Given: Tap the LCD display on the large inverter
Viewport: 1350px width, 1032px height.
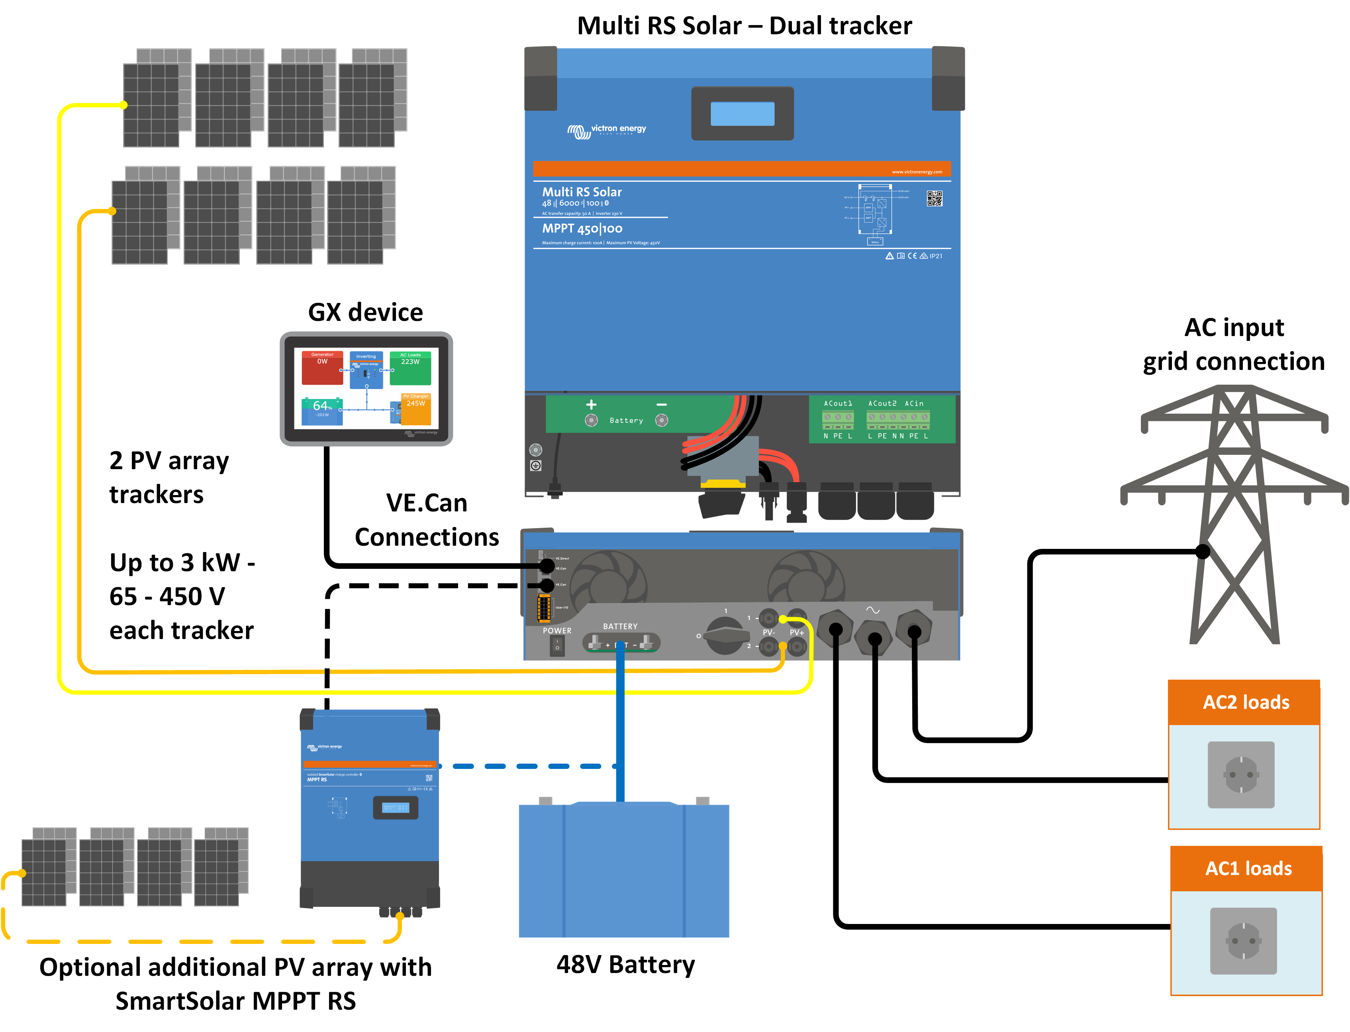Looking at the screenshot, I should (x=742, y=114).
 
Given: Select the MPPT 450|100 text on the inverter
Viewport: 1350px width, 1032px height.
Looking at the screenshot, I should (x=582, y=228).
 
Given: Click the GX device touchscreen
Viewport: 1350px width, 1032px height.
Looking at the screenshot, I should (x=366, y=388).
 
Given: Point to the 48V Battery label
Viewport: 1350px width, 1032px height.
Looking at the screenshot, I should (x=625, y=964).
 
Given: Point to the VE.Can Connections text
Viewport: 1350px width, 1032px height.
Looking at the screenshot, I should (x=427, y=520).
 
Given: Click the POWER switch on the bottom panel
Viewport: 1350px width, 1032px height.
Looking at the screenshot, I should (x=557, y=646).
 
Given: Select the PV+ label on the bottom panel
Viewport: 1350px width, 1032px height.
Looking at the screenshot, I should (x=796, y=632).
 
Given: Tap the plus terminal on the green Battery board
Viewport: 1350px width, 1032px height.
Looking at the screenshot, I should (x=591, y=420).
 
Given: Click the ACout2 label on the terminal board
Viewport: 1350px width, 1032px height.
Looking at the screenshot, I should (x=882, y=403).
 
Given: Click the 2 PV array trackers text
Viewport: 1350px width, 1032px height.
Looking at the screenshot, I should (x=169, y=477).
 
